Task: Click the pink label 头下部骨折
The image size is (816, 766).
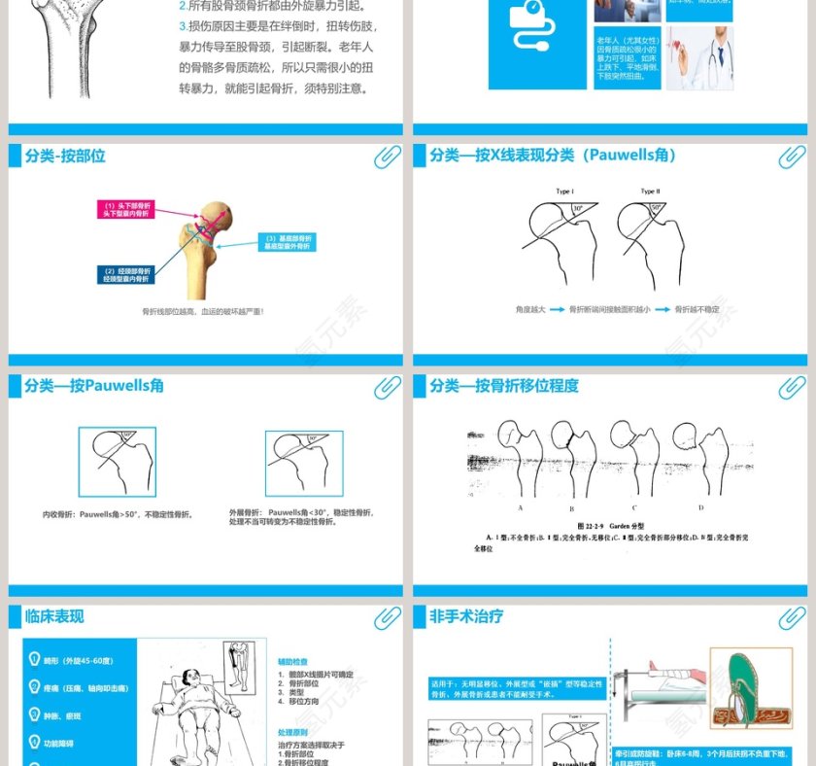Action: [x=125, y=209]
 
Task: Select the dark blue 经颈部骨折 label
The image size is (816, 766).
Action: [x=126, y=274]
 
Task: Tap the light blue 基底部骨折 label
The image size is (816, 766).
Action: [x=288, y=242]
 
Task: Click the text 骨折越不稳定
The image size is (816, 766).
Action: [x=697, y=309]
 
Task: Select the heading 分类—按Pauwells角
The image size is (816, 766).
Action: [x=94, y=386]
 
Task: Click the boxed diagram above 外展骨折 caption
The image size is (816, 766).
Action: [x=303, y=464]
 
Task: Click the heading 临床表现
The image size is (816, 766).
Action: [x=54, y=616]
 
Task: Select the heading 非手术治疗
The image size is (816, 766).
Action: [x=466, y=615]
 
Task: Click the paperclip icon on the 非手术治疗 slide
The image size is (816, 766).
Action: [x=792, y=617]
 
